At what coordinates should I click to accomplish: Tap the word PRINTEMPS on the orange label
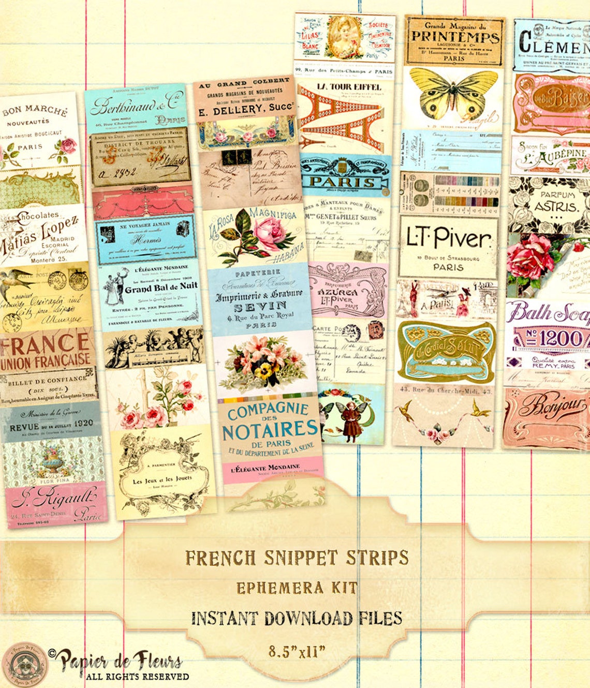click(455, 37)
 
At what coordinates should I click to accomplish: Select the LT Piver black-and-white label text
click(448, 238)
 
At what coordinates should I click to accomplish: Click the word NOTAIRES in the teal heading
click(270, 430)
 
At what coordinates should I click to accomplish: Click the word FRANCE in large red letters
click(46, 343)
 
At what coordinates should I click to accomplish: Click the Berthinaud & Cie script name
click(137, 104)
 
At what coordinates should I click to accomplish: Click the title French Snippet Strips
click(297, 558)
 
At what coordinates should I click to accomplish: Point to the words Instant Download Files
click(297, 618)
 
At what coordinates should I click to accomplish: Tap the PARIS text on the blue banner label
click(342, 182)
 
